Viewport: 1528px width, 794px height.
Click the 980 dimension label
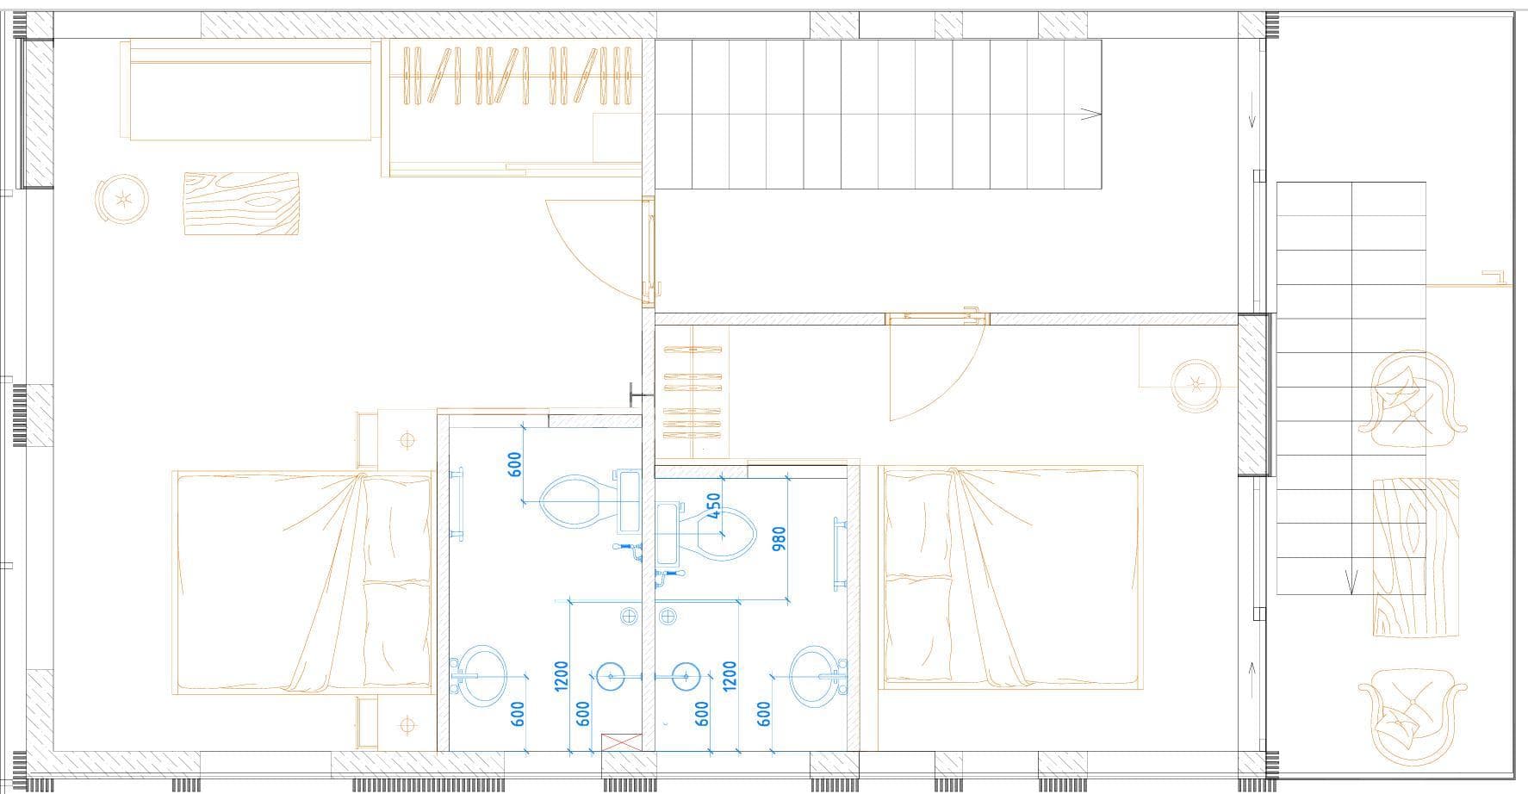[x=780, y=537]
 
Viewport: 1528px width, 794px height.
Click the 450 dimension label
[x=713, y=506]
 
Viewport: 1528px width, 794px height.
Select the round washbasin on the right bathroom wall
[x=817, y=670]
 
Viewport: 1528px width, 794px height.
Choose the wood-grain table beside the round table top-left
[x=241, y=204]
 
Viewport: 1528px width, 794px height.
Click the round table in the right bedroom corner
[x=1196, y=385]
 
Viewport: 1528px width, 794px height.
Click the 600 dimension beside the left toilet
[x=515, y=466]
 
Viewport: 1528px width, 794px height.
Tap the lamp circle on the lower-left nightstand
[x=407, y=725]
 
